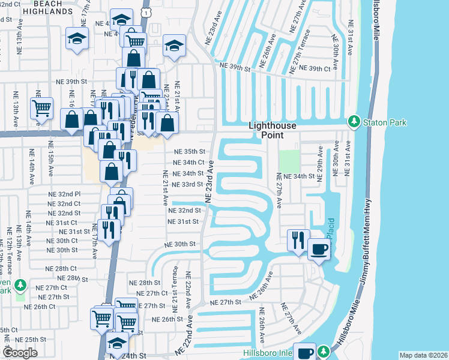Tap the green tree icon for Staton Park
click(354, 122)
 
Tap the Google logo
click(20, 352)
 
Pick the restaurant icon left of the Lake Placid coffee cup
click(298, 239)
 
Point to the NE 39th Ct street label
click(312, 69)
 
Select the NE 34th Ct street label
click(189, 162)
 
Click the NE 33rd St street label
click(187, 184)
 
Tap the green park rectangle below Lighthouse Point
click(288, 160)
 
